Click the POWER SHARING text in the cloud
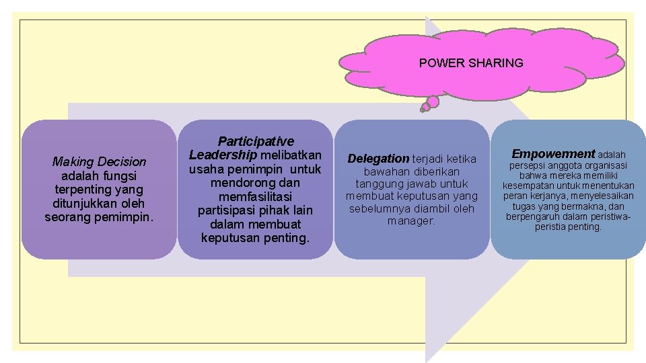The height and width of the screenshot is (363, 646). pos(470,63)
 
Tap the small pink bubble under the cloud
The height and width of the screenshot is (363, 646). pos(433,102)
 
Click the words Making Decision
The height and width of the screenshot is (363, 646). pos(99,161)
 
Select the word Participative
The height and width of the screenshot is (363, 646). pos(256,141)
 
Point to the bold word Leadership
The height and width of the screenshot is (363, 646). pos(223,155)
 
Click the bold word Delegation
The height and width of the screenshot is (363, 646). pos(378,159)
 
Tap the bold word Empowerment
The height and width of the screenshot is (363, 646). pos(553,154)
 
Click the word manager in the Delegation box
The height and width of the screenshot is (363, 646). pos(411,220)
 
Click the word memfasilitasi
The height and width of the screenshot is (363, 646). pos(256,196)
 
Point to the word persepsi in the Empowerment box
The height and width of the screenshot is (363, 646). pos(528,166)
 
